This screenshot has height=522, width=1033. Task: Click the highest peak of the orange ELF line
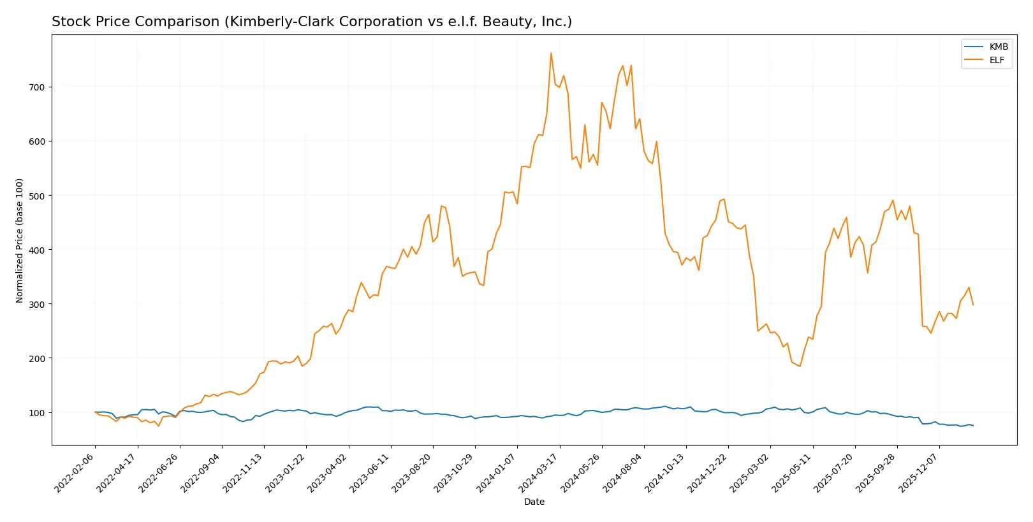tap(551, 53)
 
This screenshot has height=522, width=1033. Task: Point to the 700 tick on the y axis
tap(37, 87)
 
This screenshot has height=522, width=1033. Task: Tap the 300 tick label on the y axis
tap(37, 305)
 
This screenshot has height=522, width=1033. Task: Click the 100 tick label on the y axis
tap(37, 413)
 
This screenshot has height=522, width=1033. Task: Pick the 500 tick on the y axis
tap(37, 196)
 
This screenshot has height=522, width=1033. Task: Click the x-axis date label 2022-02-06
tap(75, 472)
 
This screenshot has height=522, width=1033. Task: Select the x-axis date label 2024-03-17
tap(539, 472)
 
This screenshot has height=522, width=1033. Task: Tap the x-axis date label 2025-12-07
tap(919, 472)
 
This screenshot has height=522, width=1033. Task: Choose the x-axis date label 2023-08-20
tap(413, 472)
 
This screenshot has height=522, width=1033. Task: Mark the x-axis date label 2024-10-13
tap(666, 472)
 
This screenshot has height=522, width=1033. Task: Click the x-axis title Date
tap(534, 502)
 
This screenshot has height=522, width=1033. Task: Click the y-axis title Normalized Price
tap(20, 240)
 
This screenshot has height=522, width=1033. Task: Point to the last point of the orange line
tap(973, 305)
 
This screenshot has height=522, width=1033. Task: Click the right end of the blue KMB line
tap(973, 425)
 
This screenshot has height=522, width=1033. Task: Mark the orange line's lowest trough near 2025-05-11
tap(800, 366)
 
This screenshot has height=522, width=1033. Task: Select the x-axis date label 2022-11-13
tap(244, 472)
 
